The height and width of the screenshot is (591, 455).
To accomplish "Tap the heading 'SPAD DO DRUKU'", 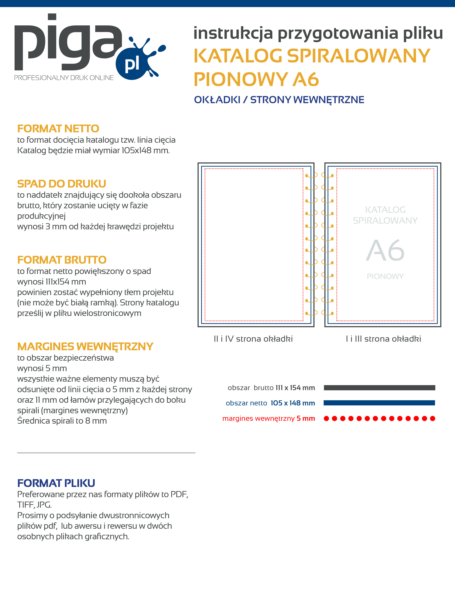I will (x=62, y=184).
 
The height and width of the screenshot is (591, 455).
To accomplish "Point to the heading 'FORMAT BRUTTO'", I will (x=62, y=260).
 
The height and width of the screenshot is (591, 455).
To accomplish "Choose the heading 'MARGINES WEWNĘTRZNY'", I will (x=85, y=346).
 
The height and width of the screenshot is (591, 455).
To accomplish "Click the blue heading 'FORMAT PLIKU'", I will (x=56, y=483).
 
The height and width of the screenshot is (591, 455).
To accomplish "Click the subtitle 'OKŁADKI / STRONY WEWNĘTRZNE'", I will (x=279, y=100).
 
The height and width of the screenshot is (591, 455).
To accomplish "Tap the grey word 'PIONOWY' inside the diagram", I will (x=385, y=276).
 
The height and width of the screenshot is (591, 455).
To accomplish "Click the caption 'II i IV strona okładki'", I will (x=253, y=339).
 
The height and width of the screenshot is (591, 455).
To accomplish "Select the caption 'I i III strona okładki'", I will (x=383, y=339).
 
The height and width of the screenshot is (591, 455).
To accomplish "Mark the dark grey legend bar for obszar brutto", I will (x=379, y=388).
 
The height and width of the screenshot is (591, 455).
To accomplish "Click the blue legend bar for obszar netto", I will (x=379, y=403).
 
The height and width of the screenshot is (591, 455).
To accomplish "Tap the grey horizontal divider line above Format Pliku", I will (x=106, y=453).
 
